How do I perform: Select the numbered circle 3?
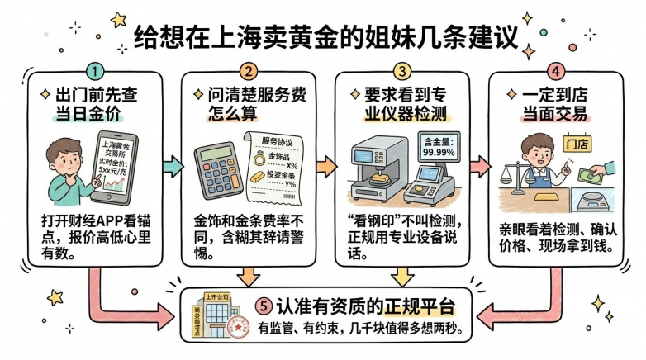pyautogui.click(x=402, y=72)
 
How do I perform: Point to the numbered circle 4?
pyautogui.click(x=555, y=72)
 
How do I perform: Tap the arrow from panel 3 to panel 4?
pyautogui.click(x=479, y=165)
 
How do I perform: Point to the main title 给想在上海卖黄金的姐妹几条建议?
pyautogui.click(x=322, y=35)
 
